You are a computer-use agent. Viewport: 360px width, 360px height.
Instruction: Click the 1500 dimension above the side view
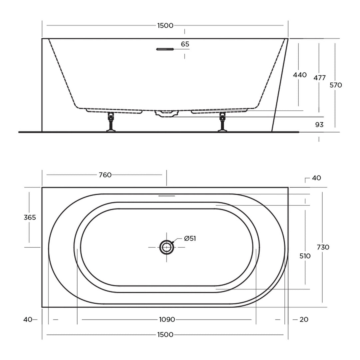click(x=165, y=26)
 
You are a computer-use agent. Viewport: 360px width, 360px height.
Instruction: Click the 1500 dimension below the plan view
click(x=165, y=335)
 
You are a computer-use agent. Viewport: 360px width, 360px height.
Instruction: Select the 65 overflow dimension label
click(x=185, y=44)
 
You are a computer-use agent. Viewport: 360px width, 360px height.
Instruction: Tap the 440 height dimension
click(x=300, y=75)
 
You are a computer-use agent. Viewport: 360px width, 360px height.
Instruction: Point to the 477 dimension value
click(x=320, y=78)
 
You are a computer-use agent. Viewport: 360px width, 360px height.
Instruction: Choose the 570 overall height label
click(x=336, y=85)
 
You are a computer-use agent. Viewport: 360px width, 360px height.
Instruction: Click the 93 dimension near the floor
click(x=319, y=125)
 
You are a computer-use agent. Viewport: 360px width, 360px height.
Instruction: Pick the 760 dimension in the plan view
click(x=105, y=175)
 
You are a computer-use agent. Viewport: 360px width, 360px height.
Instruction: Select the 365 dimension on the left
click(x=30, y=217)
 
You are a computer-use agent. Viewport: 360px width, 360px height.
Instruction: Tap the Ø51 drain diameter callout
click(x=190, y=238)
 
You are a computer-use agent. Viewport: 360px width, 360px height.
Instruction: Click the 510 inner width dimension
click(x=305, y=256)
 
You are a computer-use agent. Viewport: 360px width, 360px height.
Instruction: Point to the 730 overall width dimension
click(x=323, y=247)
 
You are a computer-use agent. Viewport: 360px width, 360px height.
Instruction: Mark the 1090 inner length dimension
click(x=167, y=320)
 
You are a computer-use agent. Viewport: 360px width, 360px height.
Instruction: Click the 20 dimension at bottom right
click(x=304, y=320)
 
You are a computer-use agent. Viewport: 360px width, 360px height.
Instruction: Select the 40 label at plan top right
click(x=316, y=178)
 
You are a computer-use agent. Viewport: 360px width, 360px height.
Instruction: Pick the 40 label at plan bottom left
click(x=28, y=320)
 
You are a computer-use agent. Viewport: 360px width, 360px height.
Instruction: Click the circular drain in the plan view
click(x=166, y=247)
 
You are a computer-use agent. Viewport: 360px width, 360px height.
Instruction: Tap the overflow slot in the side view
click(x=165, y=49)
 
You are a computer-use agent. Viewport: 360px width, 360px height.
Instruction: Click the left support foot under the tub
click(x=111, y=123)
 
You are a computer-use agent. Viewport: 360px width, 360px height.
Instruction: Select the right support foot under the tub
click(x=222, y=123)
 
